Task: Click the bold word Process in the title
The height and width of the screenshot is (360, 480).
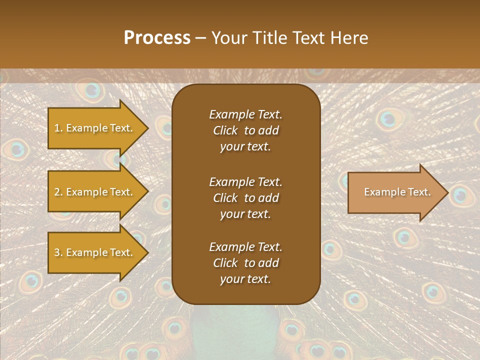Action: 157,38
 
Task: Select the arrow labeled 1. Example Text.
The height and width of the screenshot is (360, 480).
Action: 94,128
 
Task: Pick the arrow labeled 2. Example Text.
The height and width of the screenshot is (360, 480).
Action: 94,192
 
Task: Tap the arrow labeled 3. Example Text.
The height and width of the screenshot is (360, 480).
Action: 94,252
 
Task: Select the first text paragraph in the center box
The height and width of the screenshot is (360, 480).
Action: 245,130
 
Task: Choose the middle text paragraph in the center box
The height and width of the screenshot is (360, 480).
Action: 245,198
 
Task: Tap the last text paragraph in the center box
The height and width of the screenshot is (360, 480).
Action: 245,263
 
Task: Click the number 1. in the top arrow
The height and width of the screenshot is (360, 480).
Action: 58,128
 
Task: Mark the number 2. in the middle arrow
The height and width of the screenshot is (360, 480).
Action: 58,192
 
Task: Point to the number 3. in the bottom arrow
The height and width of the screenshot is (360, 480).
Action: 58,252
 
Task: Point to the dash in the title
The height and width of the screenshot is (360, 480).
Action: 200,38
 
